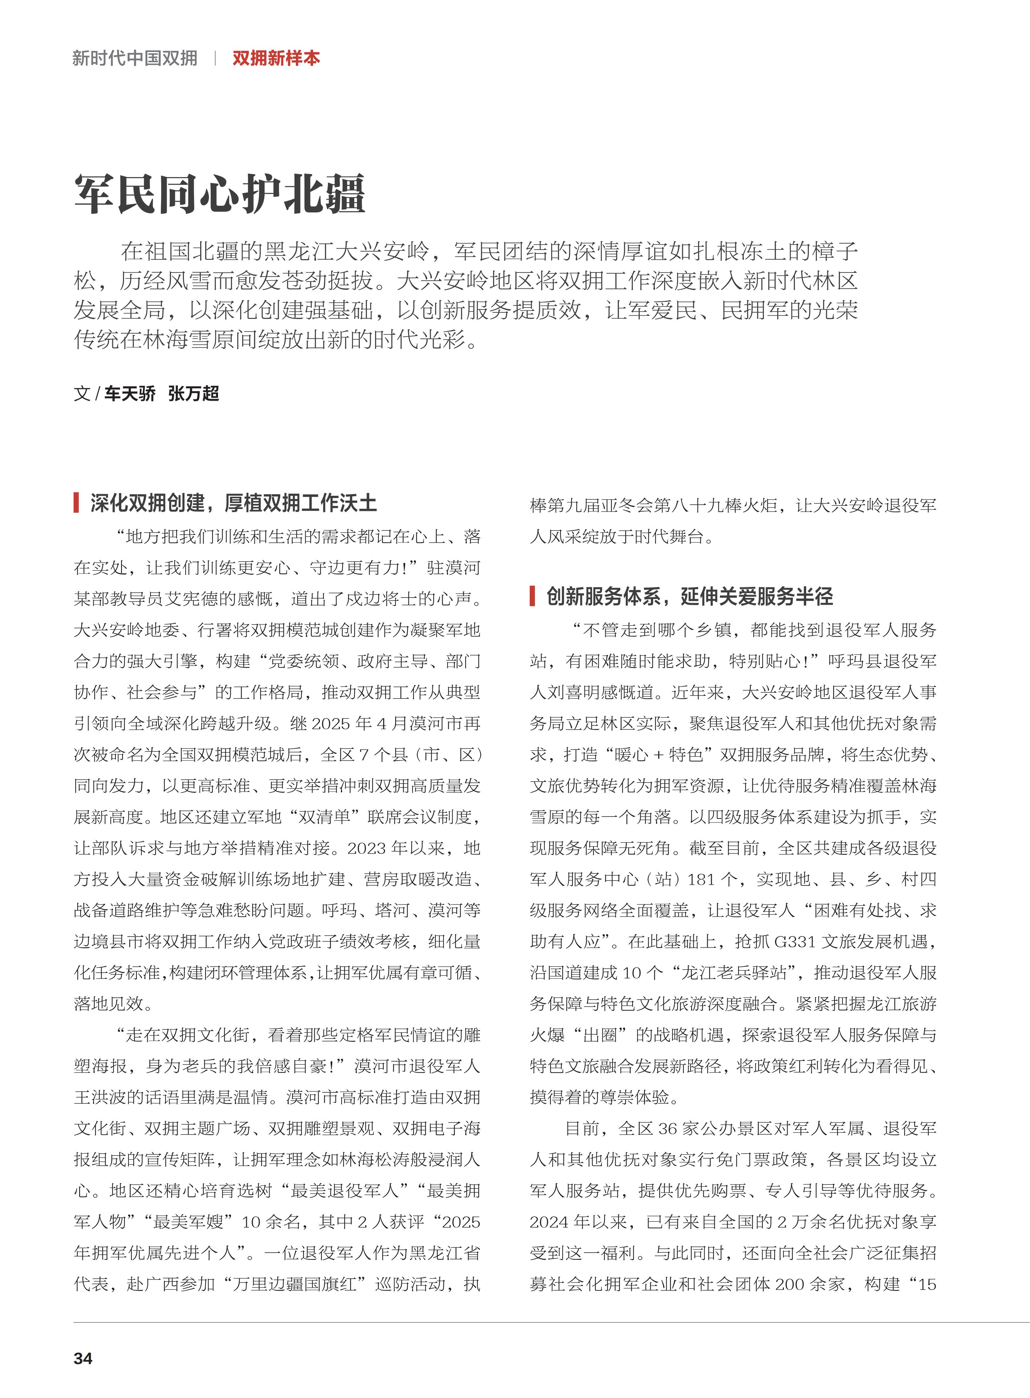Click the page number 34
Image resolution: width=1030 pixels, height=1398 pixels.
pos(83,1358)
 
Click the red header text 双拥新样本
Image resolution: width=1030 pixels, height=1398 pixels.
pos(276,59)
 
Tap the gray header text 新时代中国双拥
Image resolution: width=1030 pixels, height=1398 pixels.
pos(135,59)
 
